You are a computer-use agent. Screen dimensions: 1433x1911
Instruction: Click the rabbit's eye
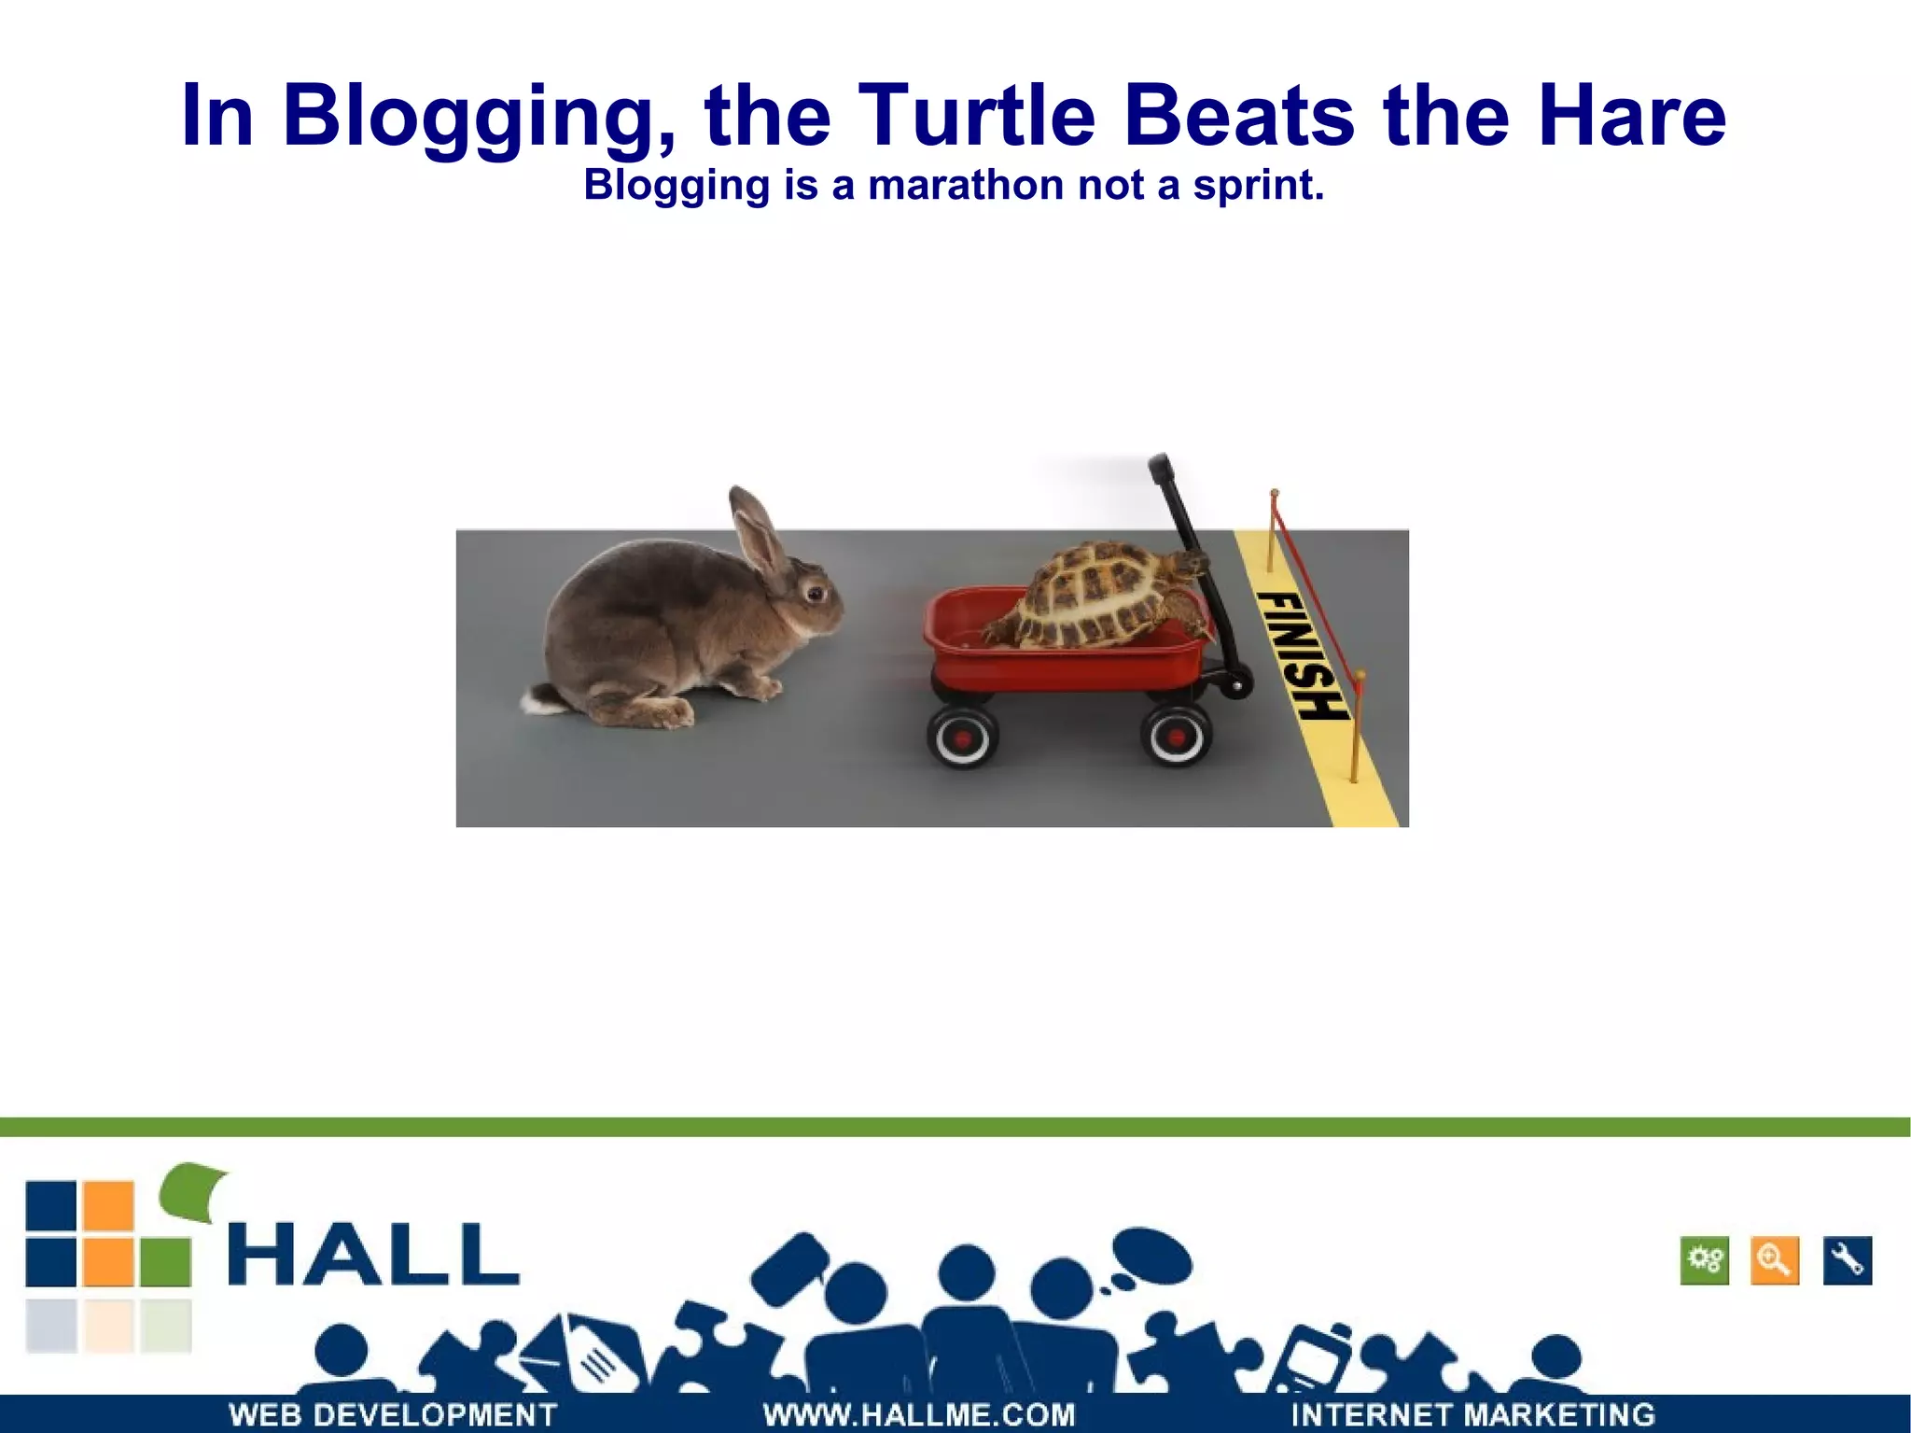pyautogui.click(x=815, y=593)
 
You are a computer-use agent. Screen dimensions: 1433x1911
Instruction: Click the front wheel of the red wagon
pyautogui.click(x=1175, y=735)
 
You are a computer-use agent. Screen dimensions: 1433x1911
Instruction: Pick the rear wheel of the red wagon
pyautogui.click(x=962, y=736)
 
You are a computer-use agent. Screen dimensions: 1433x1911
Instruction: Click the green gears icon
pyautogui.click(x=1705, y=1261)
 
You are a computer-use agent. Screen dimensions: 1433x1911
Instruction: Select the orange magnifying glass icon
pyautogui.click(x=1774, y=1261)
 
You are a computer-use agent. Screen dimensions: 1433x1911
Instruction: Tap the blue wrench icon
pyautogui.click(x=1847, y=1261)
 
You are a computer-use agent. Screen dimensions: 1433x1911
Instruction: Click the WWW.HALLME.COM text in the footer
pyautogui.click(x=919, y=1414)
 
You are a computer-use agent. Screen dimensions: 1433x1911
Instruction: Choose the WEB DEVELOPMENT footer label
pyautogui.click(x=393, y=1414)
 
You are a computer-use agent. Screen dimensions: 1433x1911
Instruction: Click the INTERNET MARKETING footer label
pyautogui.click(x=1472, y=1414)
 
